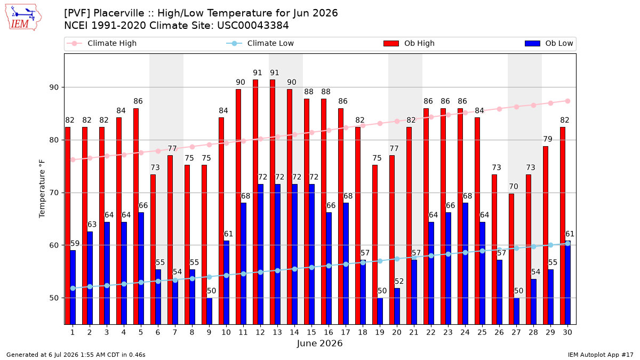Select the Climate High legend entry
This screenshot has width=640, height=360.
[101, 43]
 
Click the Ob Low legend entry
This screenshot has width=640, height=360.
[549, 43]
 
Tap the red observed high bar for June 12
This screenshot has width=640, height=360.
[255, 202]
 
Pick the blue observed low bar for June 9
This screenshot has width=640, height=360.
[210, 311]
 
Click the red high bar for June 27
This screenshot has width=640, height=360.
[511, 259]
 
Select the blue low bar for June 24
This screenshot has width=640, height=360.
[466, 263]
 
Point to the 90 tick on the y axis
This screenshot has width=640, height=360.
[54, 87]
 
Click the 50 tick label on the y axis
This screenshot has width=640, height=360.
[54, 298]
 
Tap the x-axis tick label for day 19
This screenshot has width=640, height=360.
[380, 332]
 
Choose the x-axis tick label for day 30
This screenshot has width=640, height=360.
[567, 332]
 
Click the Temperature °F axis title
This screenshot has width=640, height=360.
[42, 189]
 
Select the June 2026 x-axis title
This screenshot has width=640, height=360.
[319, 343]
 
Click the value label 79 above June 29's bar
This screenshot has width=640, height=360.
[547, 139]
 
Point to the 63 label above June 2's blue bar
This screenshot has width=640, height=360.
[92, 225]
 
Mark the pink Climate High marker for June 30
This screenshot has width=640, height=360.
[567, 101]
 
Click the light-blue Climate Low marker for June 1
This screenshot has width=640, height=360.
[73, 289]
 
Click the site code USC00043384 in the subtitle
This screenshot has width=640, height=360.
[253, 26]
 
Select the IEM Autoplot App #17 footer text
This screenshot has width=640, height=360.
[601, 355]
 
